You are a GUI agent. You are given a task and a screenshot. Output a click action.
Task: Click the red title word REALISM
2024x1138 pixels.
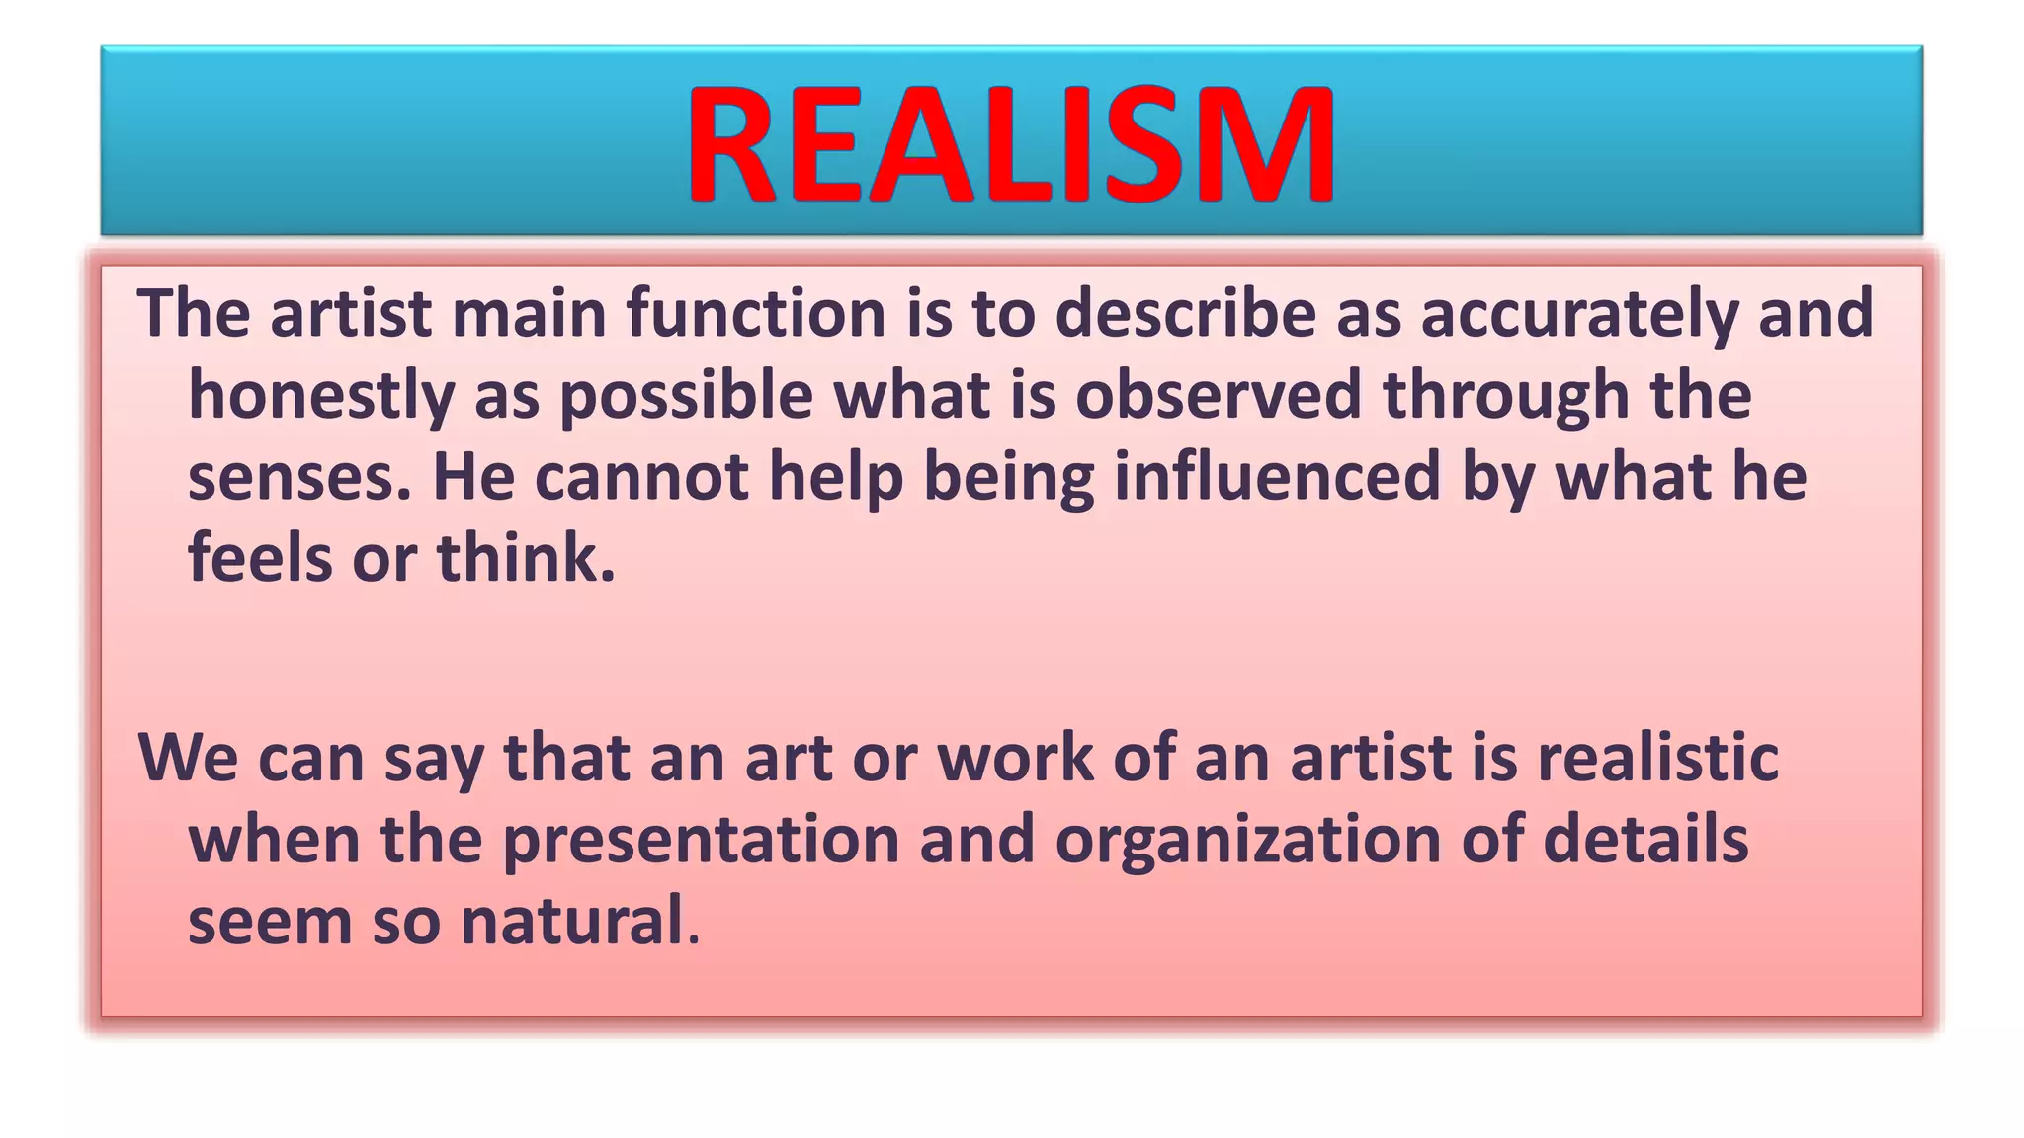[x=1011, y=144]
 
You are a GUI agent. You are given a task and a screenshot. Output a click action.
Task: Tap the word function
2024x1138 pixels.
[x=756, y=313]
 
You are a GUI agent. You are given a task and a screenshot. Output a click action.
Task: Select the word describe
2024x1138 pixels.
[x=1186, y=313]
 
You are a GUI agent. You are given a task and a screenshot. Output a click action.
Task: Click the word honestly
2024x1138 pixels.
[x=321, y=395]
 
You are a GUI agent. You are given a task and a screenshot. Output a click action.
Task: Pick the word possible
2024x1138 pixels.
[x=686, y=395]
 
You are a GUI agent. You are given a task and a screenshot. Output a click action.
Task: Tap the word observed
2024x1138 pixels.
[x=1219, y=395]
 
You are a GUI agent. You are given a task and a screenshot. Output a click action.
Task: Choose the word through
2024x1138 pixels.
[x=1508, y=395]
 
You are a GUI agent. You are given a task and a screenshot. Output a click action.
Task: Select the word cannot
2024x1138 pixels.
[x=642, y=477]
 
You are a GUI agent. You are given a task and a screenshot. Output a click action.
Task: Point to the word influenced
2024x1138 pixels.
[x=1278, y=477]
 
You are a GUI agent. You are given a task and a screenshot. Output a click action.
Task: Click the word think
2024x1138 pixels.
[x=526, y=558]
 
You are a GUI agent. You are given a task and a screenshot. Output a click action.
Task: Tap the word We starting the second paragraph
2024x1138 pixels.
[x=188, y=758]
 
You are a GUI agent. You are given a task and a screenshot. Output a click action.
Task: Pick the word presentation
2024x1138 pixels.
[x=701, y=840]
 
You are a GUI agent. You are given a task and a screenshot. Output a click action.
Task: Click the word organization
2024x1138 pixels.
[x=1248, y=840]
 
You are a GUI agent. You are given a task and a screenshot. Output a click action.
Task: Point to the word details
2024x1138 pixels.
[x=1645, y=840]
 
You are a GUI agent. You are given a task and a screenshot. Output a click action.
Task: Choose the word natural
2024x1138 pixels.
[x=574, y=921]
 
